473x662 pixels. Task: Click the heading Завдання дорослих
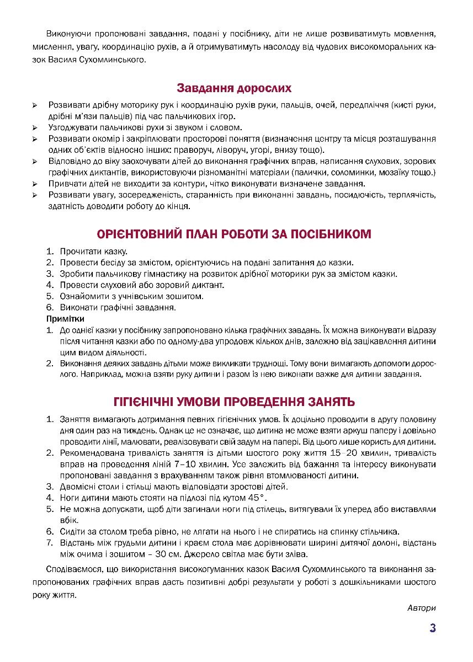[234, 88]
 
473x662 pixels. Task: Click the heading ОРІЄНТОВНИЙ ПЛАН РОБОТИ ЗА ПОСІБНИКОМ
[234, 234]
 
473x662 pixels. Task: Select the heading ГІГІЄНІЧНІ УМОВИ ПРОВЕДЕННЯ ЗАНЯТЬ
[234, 401]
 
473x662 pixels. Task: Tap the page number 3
[433, 629]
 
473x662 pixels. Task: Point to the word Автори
[422, 608]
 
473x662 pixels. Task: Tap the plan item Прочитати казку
[94, 251]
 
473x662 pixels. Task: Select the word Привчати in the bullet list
[66, 184]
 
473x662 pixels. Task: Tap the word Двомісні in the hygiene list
[78, 487]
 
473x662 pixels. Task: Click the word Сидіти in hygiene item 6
[72, 532]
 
